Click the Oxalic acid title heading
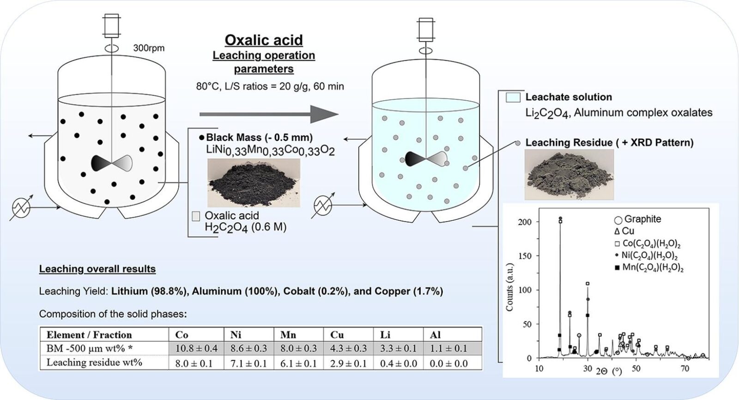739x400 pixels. coord(264,40)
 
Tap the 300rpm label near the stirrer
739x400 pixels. coord(149,48)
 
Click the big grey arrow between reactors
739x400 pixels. coord(269,114)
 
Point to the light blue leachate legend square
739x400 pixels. coord(513,97)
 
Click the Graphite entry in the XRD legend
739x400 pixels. coord(637,219)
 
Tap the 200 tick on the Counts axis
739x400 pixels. coord(525,222)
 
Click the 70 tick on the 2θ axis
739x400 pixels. coord(684,369)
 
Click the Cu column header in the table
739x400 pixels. coord(337,335)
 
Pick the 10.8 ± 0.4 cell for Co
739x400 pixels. coord(196,348)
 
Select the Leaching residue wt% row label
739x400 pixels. coord(94,363)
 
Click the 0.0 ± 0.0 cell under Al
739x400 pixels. coord(448,364)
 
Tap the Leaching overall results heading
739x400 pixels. coord(97,269)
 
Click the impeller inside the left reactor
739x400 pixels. coord(112,163)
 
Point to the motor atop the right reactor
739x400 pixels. coord(425,29)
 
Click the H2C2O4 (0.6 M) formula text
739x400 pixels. coord(245,227)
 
